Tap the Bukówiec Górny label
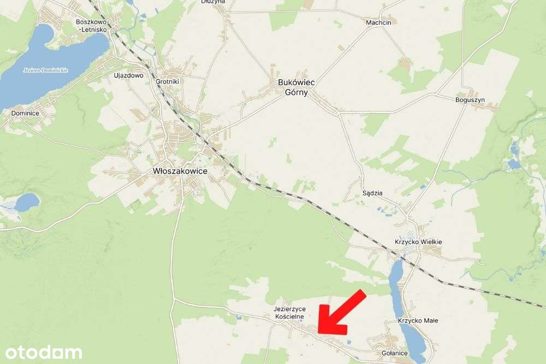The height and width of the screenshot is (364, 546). coord(296,88)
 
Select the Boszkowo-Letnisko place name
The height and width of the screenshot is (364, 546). coord(93,25)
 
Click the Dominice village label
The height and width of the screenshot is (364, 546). coord(25,113)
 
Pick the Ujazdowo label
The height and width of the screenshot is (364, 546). coord(128,76)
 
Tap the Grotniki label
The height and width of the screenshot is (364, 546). coord(168,81)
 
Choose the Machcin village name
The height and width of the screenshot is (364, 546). coord(379,23)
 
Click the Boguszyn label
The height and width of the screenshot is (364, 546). coord(470,100)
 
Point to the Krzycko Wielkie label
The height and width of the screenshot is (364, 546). coord(418,242)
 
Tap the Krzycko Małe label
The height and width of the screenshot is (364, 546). coord(418,321)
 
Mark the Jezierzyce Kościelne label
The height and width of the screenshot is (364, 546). coord(289,313)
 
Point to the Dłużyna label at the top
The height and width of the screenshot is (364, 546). coord(213,2)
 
